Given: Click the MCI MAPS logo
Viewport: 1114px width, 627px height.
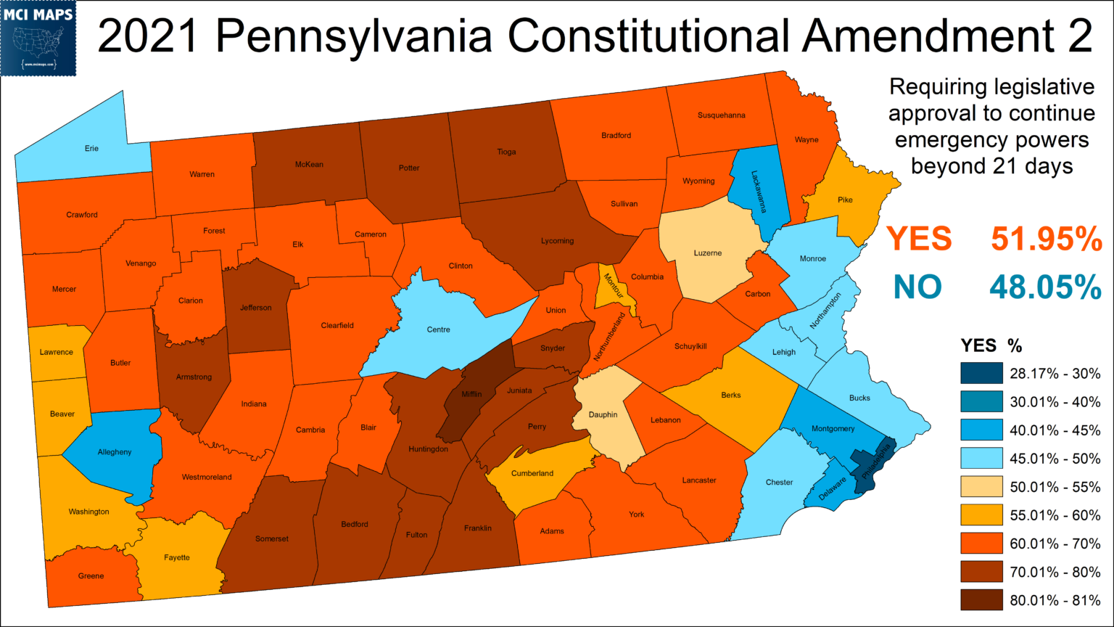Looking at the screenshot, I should coord(38,38).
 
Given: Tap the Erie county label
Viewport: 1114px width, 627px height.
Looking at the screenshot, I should coord(91,148).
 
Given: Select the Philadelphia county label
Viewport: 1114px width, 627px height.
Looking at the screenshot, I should coord(875,464).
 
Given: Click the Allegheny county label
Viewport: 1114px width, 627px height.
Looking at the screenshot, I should coord(115,452).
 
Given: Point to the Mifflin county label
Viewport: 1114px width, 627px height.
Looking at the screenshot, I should coord(471,394).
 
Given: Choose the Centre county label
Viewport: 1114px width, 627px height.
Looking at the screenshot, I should coord(438,329).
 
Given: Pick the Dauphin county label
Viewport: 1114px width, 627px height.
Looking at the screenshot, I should coord(603,414).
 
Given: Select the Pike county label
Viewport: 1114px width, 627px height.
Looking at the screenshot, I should coord(845,200).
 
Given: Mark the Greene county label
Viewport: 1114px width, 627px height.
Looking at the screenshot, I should coord(91,575).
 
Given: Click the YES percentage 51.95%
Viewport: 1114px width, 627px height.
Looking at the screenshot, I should coord(1047,239).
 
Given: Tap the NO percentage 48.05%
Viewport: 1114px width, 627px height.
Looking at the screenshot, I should coord(1046,287).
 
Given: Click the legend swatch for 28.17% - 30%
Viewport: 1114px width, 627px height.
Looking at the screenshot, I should coord(981,374).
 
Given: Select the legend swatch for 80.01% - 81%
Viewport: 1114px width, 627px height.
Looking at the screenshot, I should coord(981,600).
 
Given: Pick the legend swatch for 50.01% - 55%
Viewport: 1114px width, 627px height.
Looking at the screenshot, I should coord(981,487).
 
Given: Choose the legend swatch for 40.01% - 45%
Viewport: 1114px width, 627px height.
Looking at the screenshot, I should coord(981,430).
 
